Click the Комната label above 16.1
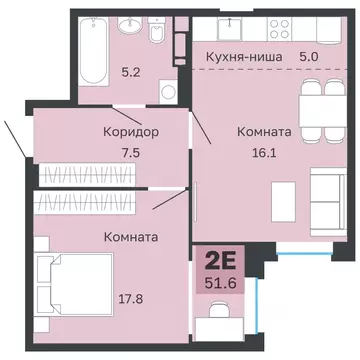click(x=264, y=131)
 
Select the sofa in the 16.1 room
click(x=327, y=190)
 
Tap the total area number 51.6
click(x=221, y=285)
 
